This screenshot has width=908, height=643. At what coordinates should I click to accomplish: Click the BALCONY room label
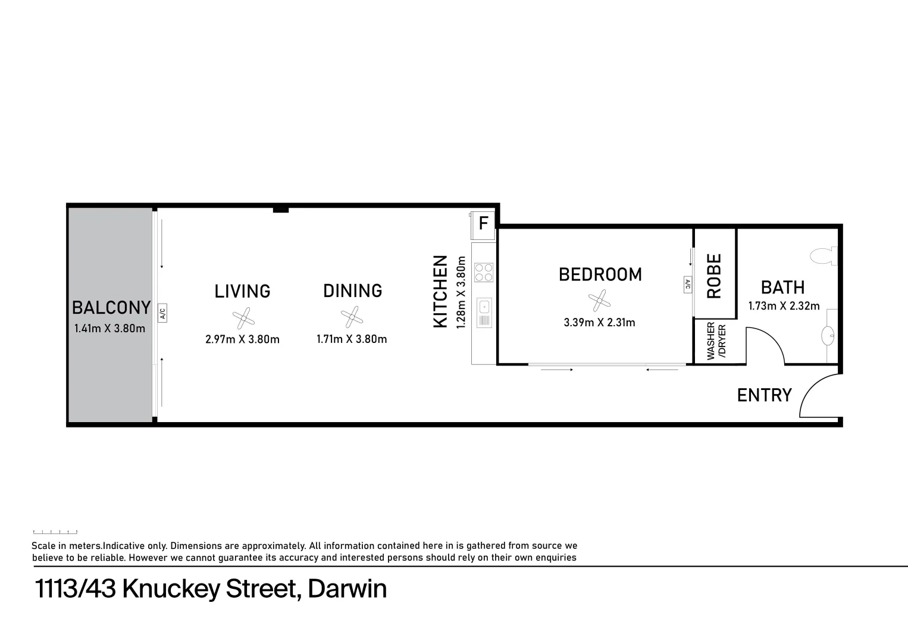click(111, 308)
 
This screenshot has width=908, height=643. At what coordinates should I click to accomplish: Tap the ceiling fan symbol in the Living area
click(243, 319)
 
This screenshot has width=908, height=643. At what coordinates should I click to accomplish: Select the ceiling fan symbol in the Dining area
click(352, 317)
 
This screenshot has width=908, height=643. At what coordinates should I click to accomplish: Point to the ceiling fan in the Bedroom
click(599, 301)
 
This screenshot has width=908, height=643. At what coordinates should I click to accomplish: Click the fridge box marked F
click(483, 224)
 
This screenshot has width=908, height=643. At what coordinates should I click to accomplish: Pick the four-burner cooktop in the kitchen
click(484, 272)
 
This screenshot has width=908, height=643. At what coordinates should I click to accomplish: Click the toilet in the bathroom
click(825, 256)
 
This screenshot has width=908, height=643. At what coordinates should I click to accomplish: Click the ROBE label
click(714, 276)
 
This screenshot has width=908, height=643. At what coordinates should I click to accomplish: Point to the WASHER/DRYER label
click(716, 341)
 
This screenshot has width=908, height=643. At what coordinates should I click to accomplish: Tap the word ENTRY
click(764, 395)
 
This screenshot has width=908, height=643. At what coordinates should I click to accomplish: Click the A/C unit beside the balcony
click(162, 313)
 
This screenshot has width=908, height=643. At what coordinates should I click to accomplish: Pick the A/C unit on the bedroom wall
click(687, 285)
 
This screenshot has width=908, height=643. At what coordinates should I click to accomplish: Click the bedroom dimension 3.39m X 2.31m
click(599, 323)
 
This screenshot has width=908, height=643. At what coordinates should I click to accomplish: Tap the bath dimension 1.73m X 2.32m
click(784, 306)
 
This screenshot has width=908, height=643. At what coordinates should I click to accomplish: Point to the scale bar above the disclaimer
click(55, 532)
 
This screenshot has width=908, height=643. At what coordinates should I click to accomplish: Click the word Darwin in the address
click(347, 589)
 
